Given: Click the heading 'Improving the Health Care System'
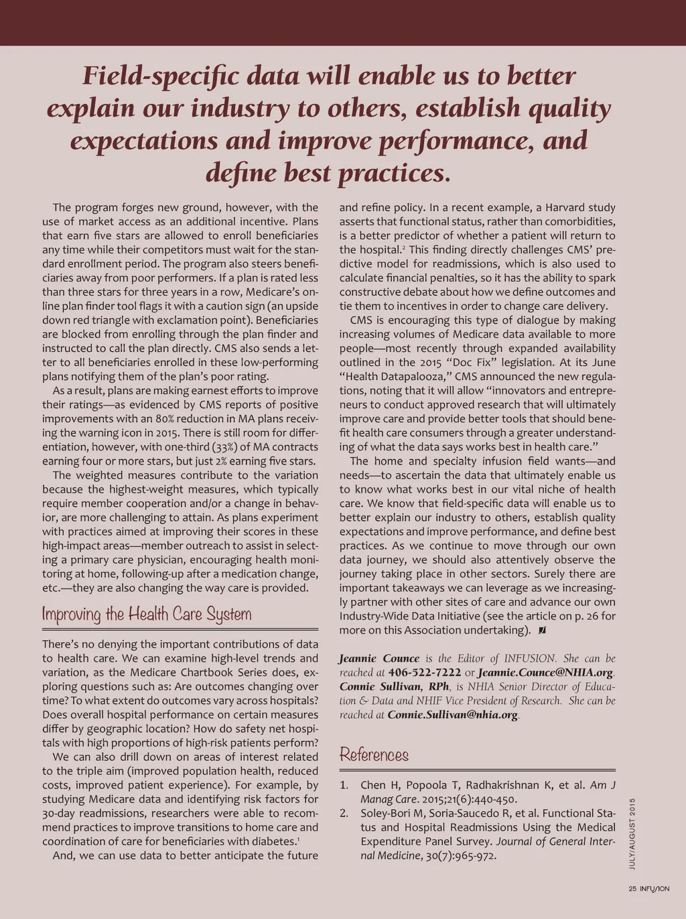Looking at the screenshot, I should (x=147, y=614).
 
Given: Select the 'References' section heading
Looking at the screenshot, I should (x=374, y=755).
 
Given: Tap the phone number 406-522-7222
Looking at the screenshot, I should (x=425, y=672).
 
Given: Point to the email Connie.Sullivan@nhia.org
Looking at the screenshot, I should (x=453, y=715).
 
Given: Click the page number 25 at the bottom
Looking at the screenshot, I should (x=632, y=889).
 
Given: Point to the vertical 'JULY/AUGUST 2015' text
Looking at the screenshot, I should (x=632, y=833).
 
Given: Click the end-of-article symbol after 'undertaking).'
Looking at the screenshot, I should (x=541, y=630).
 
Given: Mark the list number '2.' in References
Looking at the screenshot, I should (x=344, y=813).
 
